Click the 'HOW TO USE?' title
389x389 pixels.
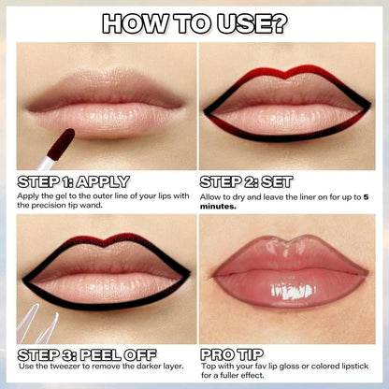[x=194, y=22]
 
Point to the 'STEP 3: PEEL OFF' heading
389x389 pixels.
[x=85, y=355]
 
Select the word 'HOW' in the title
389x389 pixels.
[x=130, y=22]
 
